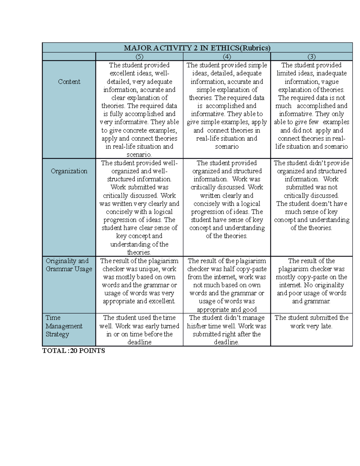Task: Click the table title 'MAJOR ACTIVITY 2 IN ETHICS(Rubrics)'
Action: [x=197, y=48]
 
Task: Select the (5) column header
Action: [x=139, y=57]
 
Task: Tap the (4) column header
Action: [x=226, y=57]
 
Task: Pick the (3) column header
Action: [x=311, y=57]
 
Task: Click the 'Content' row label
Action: [x=69, y=82]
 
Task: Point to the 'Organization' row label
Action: [x=69, y=171]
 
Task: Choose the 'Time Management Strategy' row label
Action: [x=64, y=326]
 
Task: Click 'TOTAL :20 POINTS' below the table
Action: [x=73, y=351]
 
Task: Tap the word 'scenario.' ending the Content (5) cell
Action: [x=139, y=155]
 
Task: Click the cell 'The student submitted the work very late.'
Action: [x=311, y=322]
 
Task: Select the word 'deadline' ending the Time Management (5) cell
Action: [x=139, y=342]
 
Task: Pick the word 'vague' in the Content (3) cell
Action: [x=330, y=82]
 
